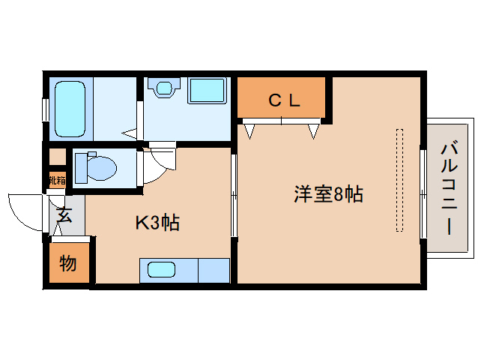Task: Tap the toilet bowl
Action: point(98,166)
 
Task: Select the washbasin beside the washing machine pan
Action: point(161,88)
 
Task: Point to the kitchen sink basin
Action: point(162,269)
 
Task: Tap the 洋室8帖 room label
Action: point(328,195)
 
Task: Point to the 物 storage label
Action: point(67,263)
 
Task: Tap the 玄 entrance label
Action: point(64,216)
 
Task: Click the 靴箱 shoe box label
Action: point(57,180)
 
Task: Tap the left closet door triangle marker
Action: point(249,131)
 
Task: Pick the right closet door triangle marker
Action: point(313,131)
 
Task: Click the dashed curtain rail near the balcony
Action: point(399,180)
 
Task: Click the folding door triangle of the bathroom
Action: point(130,135)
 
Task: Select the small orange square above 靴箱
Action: point(57,157)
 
